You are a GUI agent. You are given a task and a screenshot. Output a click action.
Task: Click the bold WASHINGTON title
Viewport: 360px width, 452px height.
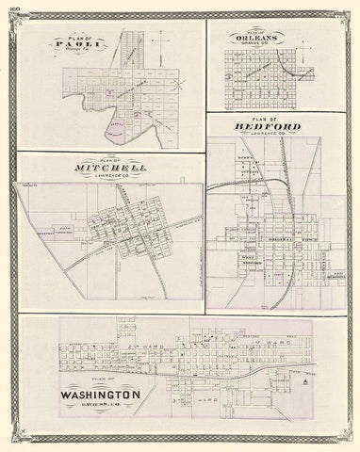pos(98,395)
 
